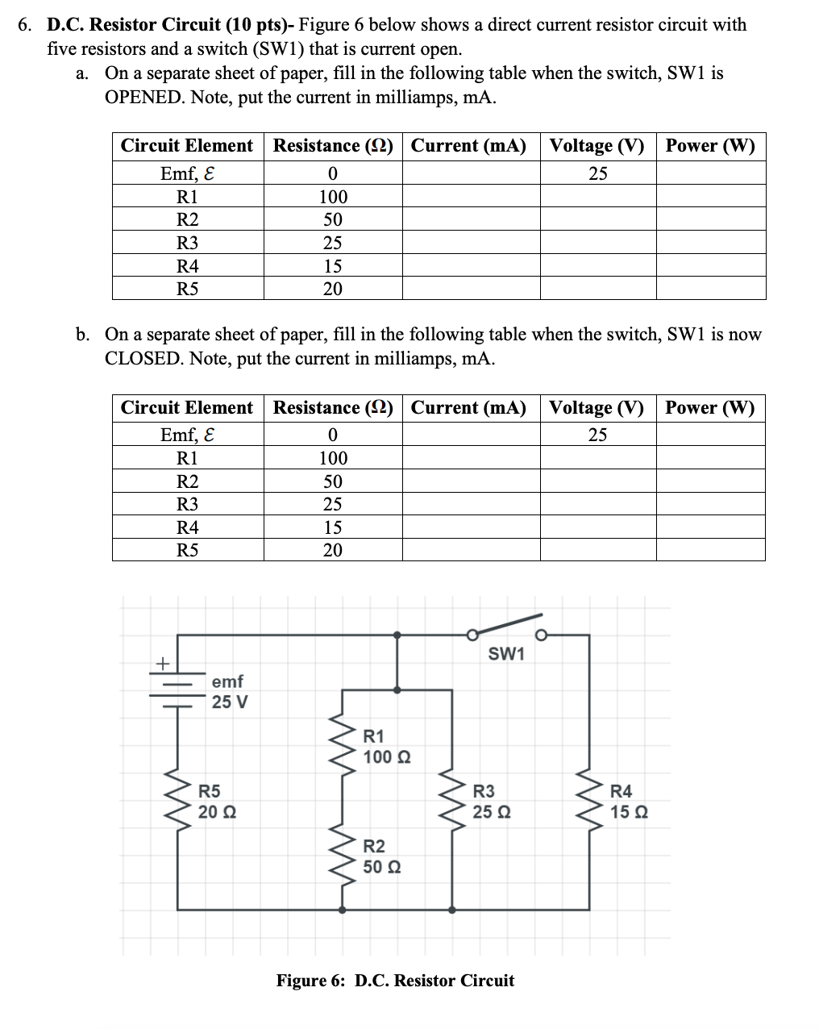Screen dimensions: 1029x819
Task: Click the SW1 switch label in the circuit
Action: tap(506, 654)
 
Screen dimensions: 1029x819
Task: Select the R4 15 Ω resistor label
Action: tap(629, 802)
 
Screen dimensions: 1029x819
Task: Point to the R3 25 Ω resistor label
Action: tap(491, 802)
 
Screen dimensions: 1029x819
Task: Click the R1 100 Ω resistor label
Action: tap(387, 747)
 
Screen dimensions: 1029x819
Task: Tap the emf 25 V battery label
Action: tap(230, 692)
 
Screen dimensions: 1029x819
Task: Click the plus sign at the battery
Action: tap(162, 664)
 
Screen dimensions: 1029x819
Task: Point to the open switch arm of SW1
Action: tap(508, 625)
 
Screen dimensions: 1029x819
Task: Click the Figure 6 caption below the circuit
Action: tap(395, 981)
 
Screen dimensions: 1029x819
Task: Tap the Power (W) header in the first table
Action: tap(710, 146)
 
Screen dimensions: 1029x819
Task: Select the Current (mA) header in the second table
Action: tap(468, 408)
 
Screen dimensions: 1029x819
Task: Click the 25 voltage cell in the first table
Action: tap(597, 173)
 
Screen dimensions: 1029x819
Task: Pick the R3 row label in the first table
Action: tap(187, 243)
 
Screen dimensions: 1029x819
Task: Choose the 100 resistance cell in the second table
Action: tap(333, 458)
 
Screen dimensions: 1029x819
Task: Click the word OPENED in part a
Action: tap(143, 98)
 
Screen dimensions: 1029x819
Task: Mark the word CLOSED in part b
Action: tap(143, 359)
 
